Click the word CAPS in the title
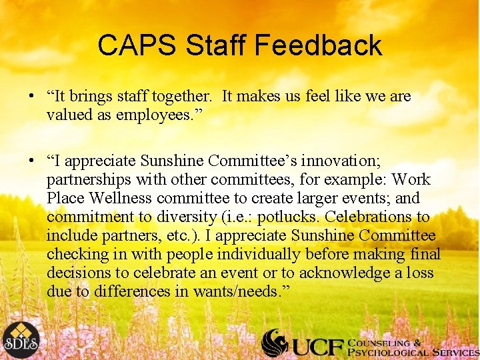[137, 45]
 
